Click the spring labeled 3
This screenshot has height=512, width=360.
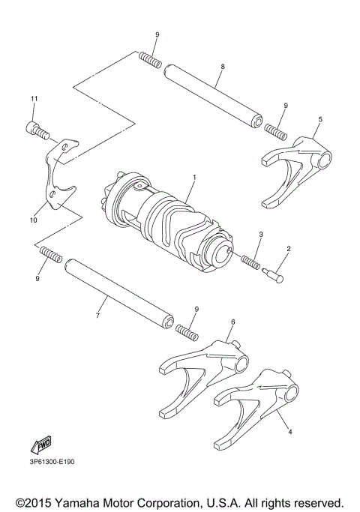coord(252,262)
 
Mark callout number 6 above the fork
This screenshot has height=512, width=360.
coord(232,322)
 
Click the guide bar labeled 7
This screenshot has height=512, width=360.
coord(119,292)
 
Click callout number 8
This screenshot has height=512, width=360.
coord(223,67)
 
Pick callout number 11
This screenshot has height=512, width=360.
coord(33,99)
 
